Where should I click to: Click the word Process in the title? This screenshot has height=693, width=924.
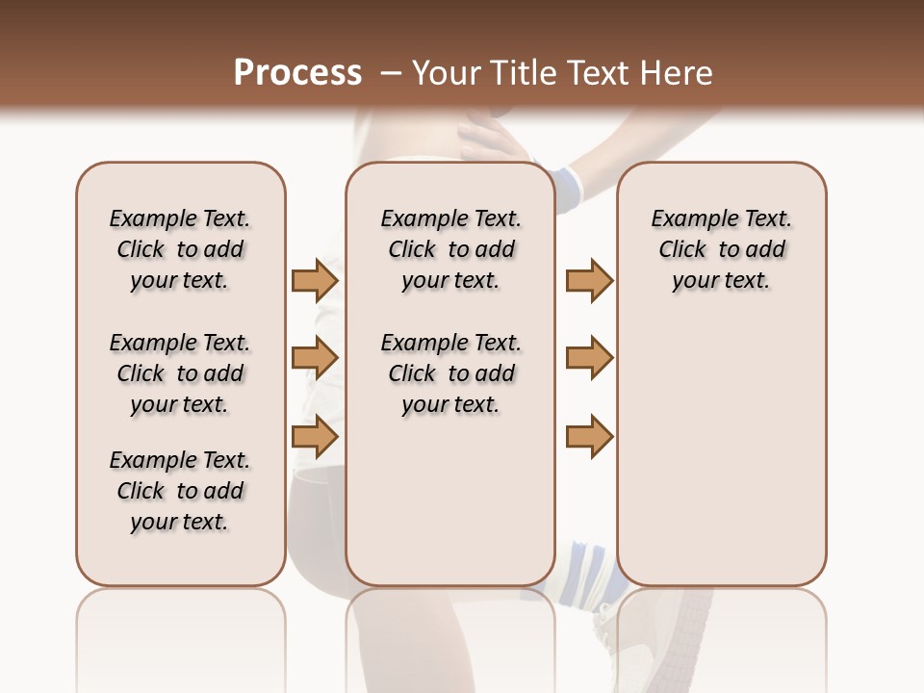coord(297,73)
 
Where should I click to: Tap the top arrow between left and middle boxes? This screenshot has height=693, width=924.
coord(315,280)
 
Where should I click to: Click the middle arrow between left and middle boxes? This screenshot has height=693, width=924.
coord(315,358)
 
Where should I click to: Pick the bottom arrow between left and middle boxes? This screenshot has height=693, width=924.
coord(315,436)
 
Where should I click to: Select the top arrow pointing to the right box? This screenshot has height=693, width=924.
coord(589,280)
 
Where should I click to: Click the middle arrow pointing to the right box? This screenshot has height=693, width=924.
coord(589,358)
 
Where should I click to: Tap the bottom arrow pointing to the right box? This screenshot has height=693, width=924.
coord(589,436)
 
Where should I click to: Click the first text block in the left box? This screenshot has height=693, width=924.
coord(180,249)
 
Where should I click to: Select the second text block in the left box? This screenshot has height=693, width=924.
coord(180,373)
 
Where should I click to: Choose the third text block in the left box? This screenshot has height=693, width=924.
coord(180,491)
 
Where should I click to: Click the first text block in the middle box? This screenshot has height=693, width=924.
coord(450,249)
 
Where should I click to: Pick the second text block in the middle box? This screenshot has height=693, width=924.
coord(450,373)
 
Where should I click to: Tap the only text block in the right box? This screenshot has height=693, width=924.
coord(721,249)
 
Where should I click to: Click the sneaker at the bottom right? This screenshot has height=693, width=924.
coord(664,635)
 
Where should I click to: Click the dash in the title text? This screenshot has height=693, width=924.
coord(391,73)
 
